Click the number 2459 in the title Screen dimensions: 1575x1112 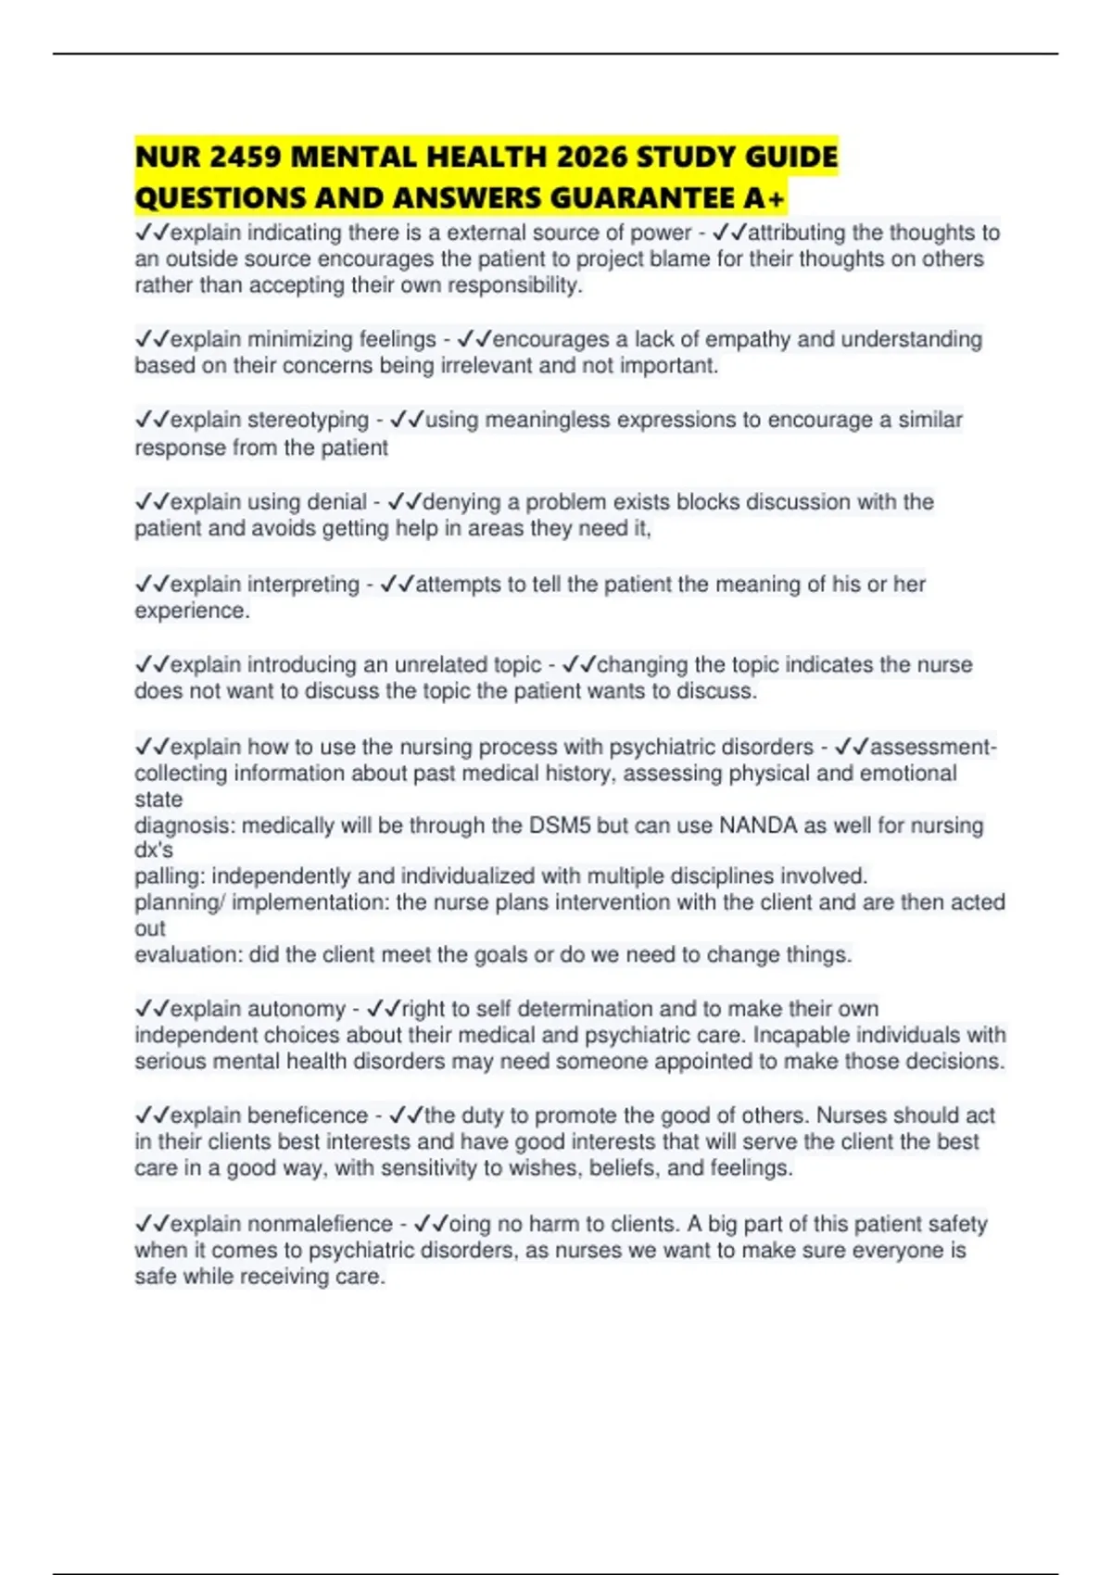coord(245,157)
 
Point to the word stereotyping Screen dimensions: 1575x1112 coord(308,420)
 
